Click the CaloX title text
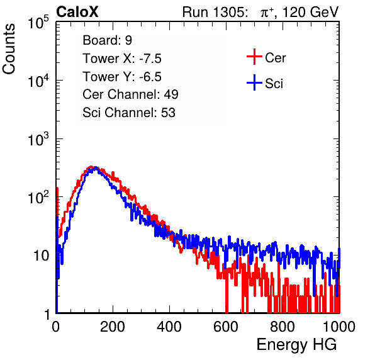[x=77, y=12]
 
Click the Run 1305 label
[x=215, y=12]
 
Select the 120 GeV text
[x=311, y=12]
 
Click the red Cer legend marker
[x=254, y=57]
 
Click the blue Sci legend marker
[x=254, y=82]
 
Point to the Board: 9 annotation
[x=107, y=40]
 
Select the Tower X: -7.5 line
[x=122, y=59]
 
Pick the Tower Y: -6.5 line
[x=122, y=77]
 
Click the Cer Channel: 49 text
[x=130, y=94]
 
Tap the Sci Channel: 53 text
[x=129, y=113]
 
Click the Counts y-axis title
[x=9, y=49]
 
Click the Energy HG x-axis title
[x=296, y=345]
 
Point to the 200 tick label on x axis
[x=113, y=327]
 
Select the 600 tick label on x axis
[x=226, y=327]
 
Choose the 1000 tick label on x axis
[x=339, y=327]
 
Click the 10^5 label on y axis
[x=38, y=22]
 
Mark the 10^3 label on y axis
[x=38, y=139]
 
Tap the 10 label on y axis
[x=42, y=256]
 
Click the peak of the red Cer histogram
[x=91, y=167]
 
